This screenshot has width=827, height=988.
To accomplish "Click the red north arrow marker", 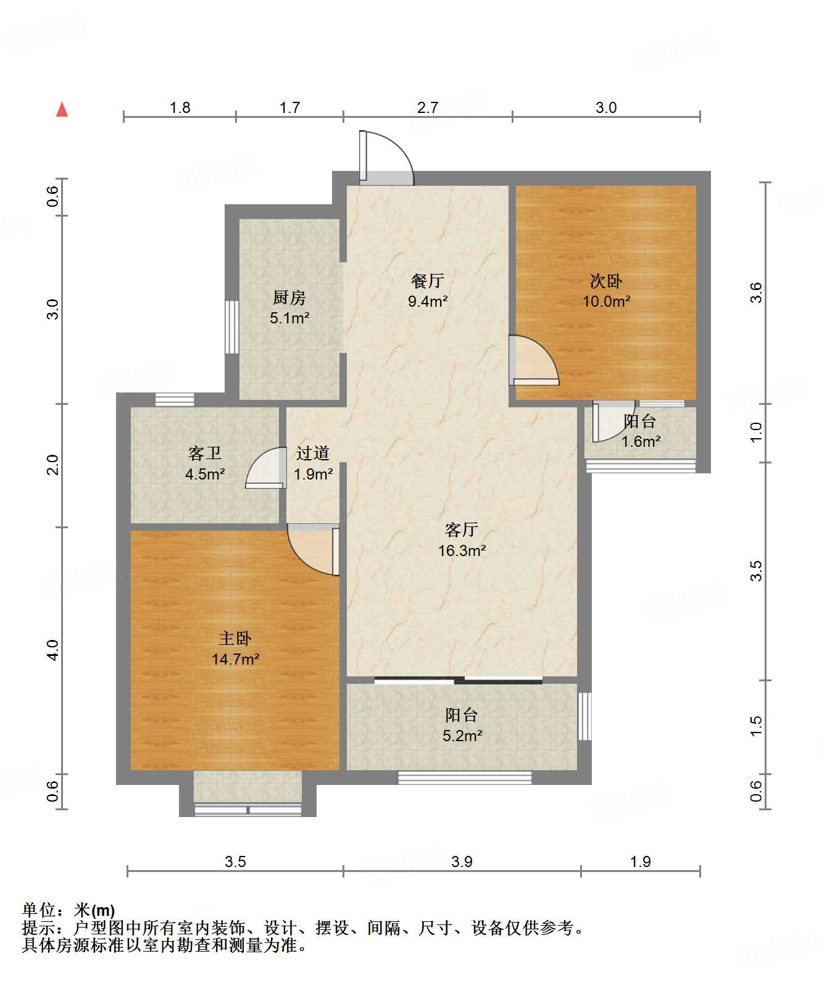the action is (x=62, y=109).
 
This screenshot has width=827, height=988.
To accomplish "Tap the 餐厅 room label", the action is (x=427, y=281).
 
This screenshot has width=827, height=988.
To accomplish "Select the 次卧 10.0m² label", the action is (x=606, y=291).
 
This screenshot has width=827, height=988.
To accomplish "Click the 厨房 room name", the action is (x=289, y=298).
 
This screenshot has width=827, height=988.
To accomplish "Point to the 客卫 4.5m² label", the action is (x=205, y=463).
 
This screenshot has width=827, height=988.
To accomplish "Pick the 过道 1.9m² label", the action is (x=313, y=463).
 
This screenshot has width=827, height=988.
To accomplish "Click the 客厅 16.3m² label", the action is (x=462, y=540).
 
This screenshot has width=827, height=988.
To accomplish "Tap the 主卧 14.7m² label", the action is (x=235, y=649).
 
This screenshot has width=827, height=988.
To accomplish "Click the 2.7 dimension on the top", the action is (x=428, y=108).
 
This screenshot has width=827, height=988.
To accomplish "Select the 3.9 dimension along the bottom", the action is (x=462, y=861).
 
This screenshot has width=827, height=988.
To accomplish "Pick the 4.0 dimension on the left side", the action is (x=53, y=650).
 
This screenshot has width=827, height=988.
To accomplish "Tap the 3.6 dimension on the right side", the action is (x=756, y=292).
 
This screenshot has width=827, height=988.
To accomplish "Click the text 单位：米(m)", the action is (x=69, y=910).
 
